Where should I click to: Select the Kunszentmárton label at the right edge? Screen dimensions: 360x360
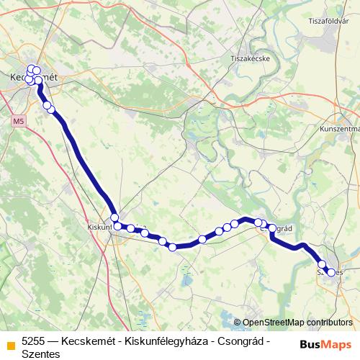tap(339, 129)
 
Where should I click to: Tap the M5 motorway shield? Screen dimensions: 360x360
tap(19, 122)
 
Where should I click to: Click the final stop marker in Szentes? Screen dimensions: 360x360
tap(332, 272)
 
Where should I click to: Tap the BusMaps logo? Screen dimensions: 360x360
tap(325, 343)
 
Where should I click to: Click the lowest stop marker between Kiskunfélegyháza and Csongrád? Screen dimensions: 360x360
tap(173, 248)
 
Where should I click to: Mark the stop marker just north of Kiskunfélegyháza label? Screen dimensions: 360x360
tap(114, 217)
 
